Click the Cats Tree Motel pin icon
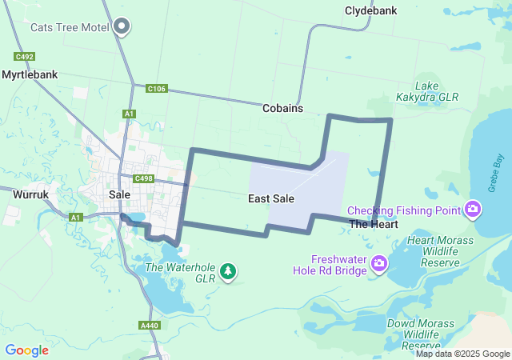point(122,27)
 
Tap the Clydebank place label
point(370,11)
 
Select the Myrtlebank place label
point(30,74)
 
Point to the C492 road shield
point(24,57)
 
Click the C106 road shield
point(156,88)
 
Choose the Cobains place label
point(282,107)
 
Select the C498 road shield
point(144,178)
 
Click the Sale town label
point(119,194)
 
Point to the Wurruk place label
point(32,194)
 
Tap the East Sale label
point(271,198)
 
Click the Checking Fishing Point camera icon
point(473,210)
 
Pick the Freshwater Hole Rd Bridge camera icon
point(379,262)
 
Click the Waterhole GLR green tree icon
point(228,272)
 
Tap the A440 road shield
point(149,326)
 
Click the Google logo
point(26,350)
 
